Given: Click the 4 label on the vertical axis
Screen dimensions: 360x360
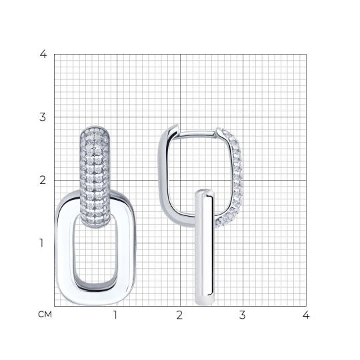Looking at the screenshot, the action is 43,54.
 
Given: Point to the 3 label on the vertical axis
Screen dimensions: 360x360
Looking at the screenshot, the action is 43,117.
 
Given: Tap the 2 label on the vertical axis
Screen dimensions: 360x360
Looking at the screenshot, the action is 43,180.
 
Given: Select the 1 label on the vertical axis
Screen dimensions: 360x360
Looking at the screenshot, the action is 41,243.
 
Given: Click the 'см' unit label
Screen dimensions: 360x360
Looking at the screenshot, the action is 45,314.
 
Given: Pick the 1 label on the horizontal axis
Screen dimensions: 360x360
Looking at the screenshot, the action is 115,315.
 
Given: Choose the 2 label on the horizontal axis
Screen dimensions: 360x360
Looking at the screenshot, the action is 179,315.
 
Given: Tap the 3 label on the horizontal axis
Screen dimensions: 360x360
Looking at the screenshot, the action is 243,315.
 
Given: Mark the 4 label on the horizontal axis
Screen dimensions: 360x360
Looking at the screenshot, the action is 306,315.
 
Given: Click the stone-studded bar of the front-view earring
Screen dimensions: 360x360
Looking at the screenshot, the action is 95,177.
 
